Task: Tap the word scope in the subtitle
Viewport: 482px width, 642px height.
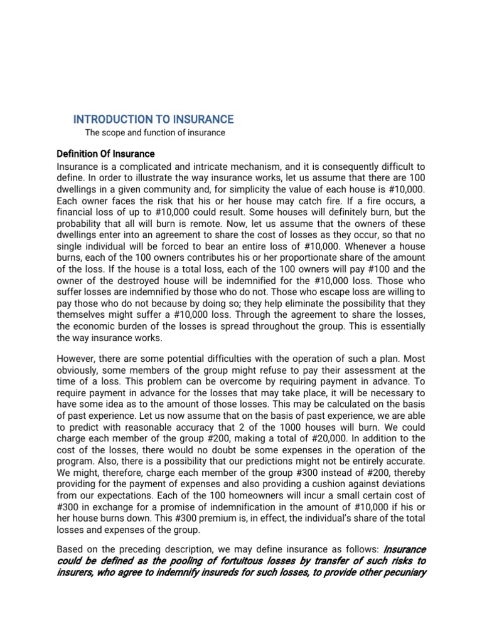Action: [x=113, y=133]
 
